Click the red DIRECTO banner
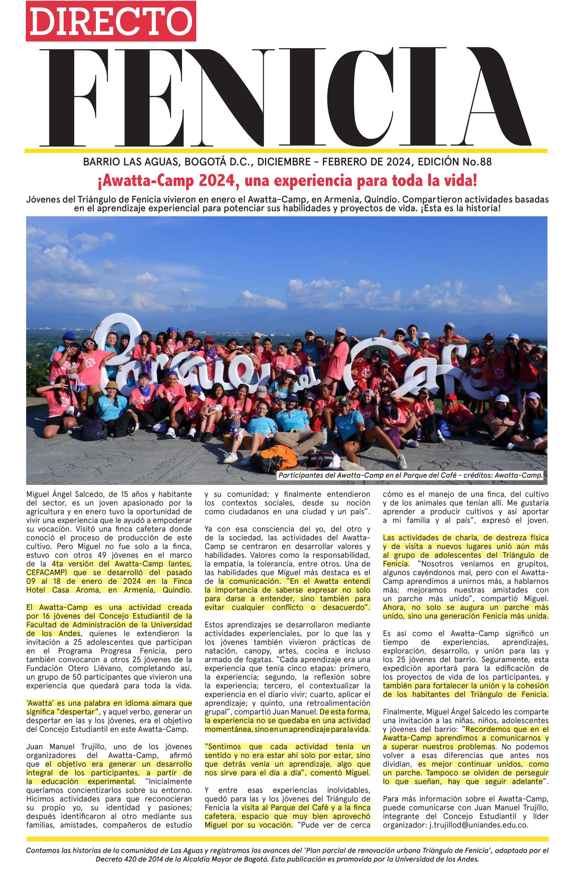coord(111,21)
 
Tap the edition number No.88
coord(477,162)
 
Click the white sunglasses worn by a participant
coord(90,344)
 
